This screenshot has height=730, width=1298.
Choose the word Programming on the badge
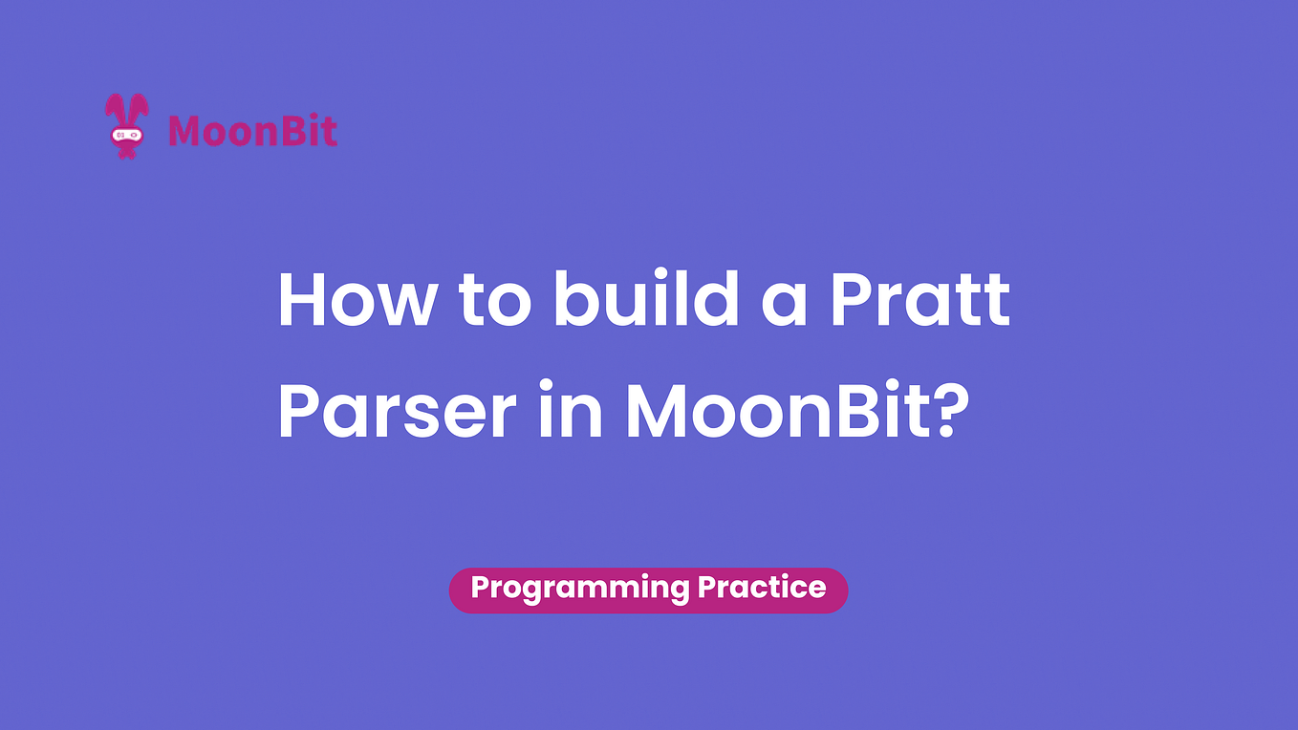[578, 588]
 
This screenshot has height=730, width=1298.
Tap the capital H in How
[299, 300]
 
